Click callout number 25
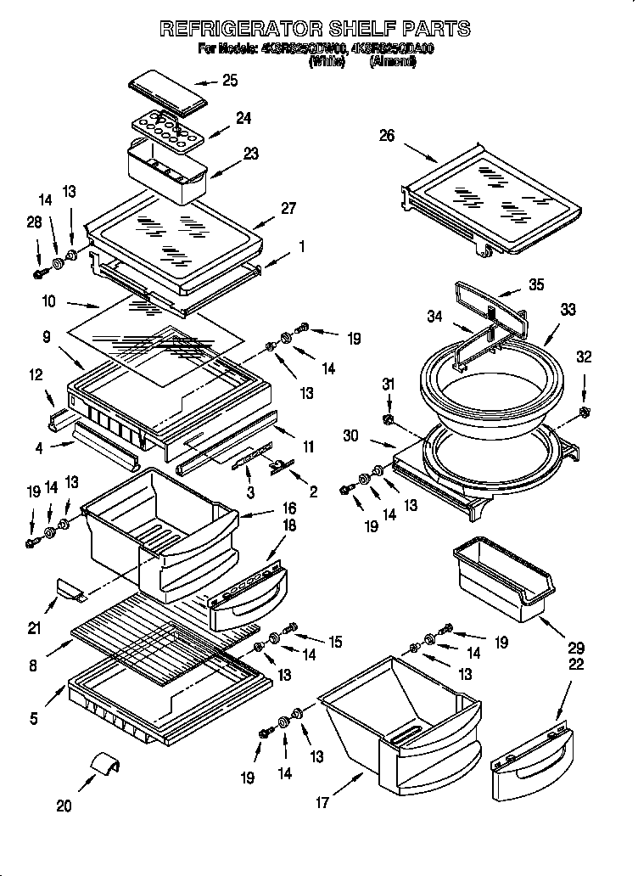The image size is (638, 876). coord(229,81)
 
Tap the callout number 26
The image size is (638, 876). coord(387,136)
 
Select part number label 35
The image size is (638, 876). coord(535,285)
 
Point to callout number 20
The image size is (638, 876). coord(64,806)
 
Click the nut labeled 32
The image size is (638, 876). coord(584,413)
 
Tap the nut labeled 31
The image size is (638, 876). coord(389,419)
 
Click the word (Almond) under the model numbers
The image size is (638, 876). coord(393,61)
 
